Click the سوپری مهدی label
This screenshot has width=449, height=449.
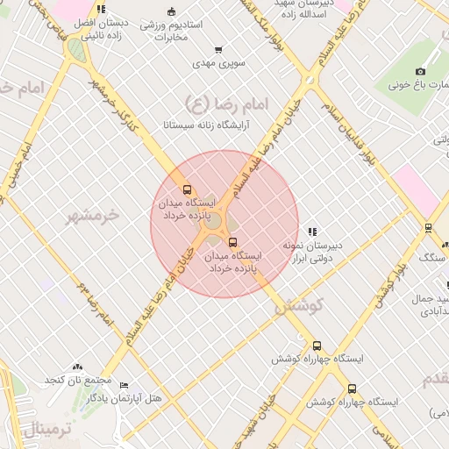[x=217, y=64]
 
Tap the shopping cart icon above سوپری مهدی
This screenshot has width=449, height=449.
[x=217, y=50]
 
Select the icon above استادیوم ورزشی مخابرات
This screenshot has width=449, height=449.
[x=170, y=11]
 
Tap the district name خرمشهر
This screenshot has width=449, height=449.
[x=92, y=215]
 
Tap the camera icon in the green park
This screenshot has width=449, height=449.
[x=420, y=71]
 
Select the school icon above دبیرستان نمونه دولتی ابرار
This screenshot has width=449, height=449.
[x=312, y=232]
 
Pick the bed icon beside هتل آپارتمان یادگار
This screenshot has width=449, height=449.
[x=124, y=386]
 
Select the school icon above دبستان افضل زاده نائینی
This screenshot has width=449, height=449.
[x=102, y=10]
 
